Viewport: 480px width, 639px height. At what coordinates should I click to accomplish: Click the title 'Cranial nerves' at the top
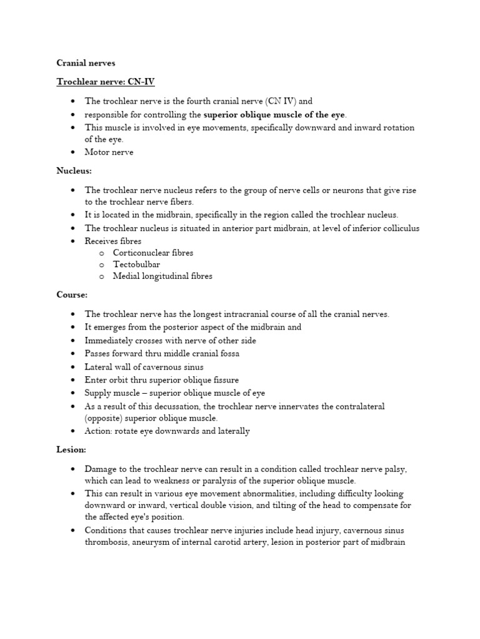[86, 63]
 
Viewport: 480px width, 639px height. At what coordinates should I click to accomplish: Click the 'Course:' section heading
[72, 295]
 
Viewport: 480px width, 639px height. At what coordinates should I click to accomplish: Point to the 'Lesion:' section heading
[71, 449]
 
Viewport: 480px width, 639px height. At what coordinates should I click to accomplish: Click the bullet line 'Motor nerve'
[109, 152]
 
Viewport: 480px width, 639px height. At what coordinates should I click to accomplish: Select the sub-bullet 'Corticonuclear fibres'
[153, 253]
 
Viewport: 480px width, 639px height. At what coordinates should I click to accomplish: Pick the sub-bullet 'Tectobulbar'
[136, 265]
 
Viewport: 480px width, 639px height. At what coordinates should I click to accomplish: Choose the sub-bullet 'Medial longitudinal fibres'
[162, 276]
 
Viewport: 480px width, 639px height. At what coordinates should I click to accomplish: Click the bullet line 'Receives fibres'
[113, 241]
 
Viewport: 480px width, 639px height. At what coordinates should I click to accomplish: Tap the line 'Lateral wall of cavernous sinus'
[144, 367]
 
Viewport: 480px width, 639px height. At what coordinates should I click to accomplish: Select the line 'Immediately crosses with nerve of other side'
[171, 341]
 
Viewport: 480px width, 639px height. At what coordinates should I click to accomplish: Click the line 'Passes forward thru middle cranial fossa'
[162, 354]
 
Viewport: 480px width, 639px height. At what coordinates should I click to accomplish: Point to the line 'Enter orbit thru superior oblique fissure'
[162, 380]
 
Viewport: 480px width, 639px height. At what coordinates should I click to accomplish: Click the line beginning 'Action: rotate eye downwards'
[167, 431]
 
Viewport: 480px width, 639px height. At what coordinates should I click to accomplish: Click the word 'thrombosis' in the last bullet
[107, 542]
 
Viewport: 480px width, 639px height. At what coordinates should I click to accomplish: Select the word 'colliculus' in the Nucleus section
[399, 228]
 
